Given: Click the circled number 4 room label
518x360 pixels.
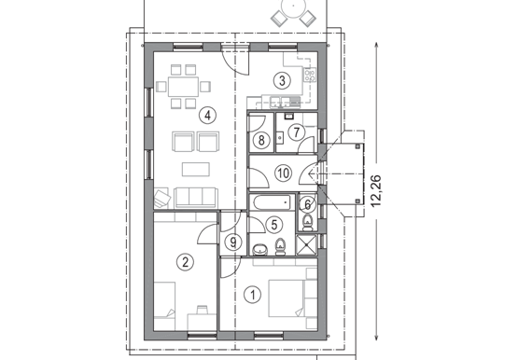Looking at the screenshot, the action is point(207,115).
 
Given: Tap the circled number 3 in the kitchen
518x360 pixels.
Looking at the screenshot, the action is point(282,80).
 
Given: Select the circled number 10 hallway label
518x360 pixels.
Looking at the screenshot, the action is point(283,173).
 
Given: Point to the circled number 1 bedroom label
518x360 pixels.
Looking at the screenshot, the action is point(253,295).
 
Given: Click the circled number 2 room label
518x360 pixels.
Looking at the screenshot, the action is point(185,262).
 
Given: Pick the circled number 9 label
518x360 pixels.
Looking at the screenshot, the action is point(233,242).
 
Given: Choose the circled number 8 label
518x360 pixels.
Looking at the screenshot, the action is point(261,140).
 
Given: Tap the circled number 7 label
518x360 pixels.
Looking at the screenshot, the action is point(296,132).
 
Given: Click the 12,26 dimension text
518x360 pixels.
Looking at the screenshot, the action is point(376,190).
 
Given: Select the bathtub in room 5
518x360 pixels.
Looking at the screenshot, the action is point(272,202).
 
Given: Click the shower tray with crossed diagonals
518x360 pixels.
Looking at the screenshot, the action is point(306,245).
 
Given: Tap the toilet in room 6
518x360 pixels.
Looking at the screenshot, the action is point(308,222).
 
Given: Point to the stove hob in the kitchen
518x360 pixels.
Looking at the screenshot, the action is point(310,75).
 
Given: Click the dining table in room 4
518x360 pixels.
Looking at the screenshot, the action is point(183,87).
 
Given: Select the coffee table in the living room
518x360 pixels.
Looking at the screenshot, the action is point(196,170).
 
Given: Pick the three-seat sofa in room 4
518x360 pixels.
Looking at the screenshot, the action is point(196,198).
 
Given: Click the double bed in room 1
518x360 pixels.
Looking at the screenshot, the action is point(287,298).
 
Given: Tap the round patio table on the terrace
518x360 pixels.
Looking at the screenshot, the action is point(293,7).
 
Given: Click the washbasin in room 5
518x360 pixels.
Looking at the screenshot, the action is point(261,250).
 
